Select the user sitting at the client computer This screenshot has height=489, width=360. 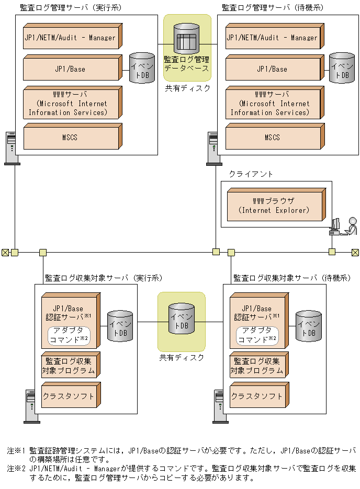point(352,226)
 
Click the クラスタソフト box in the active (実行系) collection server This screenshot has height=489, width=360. point(69,396)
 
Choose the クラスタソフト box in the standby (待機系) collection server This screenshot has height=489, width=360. point(257,396)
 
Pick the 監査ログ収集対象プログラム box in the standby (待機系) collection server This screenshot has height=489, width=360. point(257,366)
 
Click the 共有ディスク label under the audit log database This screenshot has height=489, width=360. point(187,88)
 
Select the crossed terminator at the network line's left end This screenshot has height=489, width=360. point(5,252)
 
